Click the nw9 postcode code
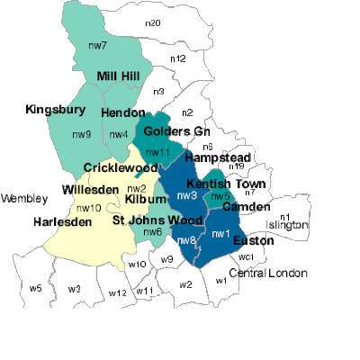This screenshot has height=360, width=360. (x=82, y=135)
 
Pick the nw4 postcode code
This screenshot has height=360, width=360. (x=118, y=135)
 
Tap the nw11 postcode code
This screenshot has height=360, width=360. (x=157, y=152)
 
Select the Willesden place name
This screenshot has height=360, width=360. (x=90, y=189)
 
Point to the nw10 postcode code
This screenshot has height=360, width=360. (x=88, y=208)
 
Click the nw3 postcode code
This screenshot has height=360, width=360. (x=187, y=195)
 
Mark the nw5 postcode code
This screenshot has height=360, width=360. (x=220, y=197)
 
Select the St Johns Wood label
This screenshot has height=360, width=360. (x=157, y=220)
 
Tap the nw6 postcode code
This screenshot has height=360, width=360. (x=153, y=232)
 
